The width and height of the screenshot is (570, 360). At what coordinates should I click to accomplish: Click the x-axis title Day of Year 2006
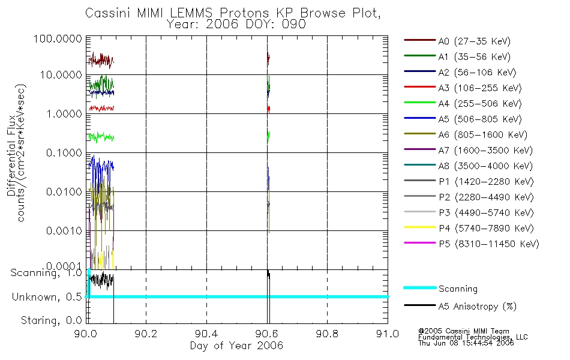click(x=236, y=346)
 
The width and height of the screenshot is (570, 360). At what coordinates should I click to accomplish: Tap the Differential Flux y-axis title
click(x=11, y=153)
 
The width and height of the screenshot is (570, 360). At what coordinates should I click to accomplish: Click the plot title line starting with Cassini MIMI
click(x=234, y=13)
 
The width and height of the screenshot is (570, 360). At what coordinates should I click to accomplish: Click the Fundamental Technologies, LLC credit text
click(x=473, y=337)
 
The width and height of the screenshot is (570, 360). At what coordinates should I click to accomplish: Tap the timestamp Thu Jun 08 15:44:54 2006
click(x=466, y=344)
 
